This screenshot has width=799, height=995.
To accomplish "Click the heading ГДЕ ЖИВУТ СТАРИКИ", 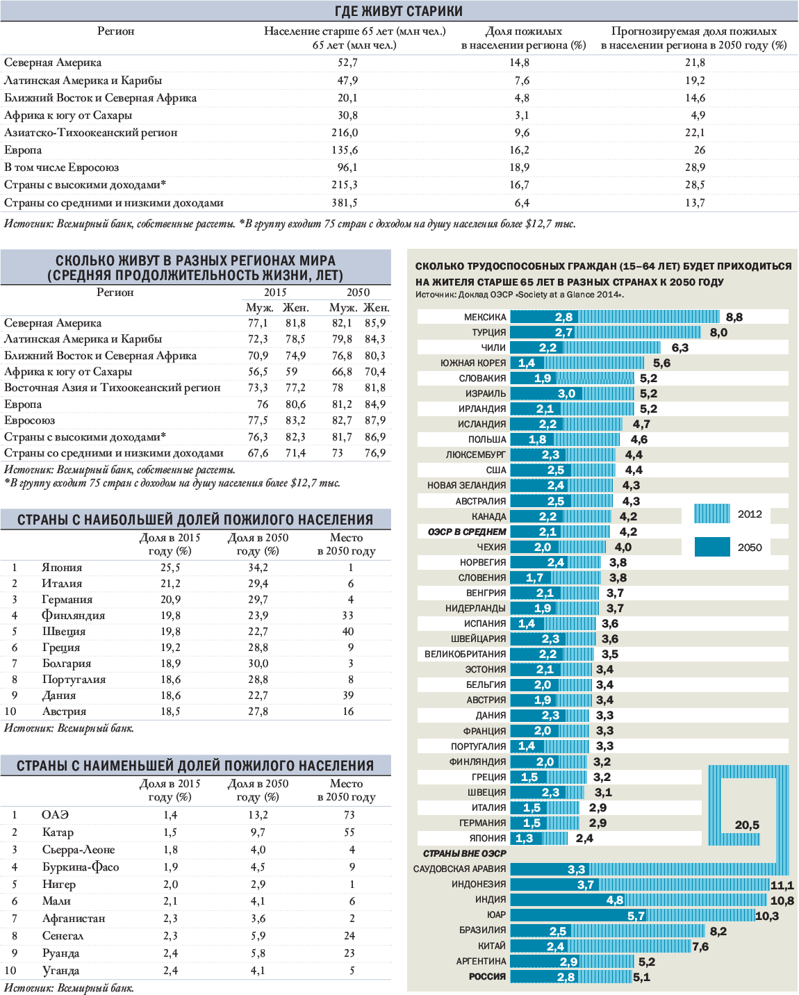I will pyautogui.click(x=399, y=11).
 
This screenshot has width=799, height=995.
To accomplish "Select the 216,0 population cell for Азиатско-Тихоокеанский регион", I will pyautogui.click(x=345, y=133).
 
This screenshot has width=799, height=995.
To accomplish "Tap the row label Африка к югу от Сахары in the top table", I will pyautogui.click(x=68, y=115).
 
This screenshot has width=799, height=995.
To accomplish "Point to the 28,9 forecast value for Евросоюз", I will pyautogui.click(x=695, y=167).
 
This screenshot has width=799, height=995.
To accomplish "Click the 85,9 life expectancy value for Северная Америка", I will pyautogui.click(x=375, y=323).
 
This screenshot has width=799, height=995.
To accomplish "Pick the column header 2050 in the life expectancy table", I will pyautogui.click(x=359, y=293).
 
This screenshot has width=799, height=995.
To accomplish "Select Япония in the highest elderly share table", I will pyautogui.click(x=62, y=568).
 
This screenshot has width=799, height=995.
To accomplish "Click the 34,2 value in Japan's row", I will pyautogui.click(x=258, y=568).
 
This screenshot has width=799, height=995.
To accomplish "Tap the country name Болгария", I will pyautogui.click(x=67, y=664).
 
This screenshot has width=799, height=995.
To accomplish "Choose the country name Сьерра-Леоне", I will pyautogui.click(x=79, y=850).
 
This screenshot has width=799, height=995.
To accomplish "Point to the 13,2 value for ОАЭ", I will pyautogui.click(x=258, y=815).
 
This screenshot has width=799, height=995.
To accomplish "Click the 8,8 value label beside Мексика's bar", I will pyautogui.click(x=734, y=318).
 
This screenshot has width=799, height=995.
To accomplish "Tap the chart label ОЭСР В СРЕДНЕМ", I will pyautogui.click(x=467, y=532).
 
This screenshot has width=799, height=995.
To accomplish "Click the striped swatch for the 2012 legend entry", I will pyautogui.click(x=712, y=514).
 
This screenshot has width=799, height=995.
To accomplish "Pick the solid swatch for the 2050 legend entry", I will pyautogui.click(x=712, y=547).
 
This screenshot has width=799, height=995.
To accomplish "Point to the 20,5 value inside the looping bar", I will pyautogui.click(x=747, y=825).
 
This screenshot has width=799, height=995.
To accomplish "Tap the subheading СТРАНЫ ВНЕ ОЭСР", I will pyautogui.click(x=465, y=853).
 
